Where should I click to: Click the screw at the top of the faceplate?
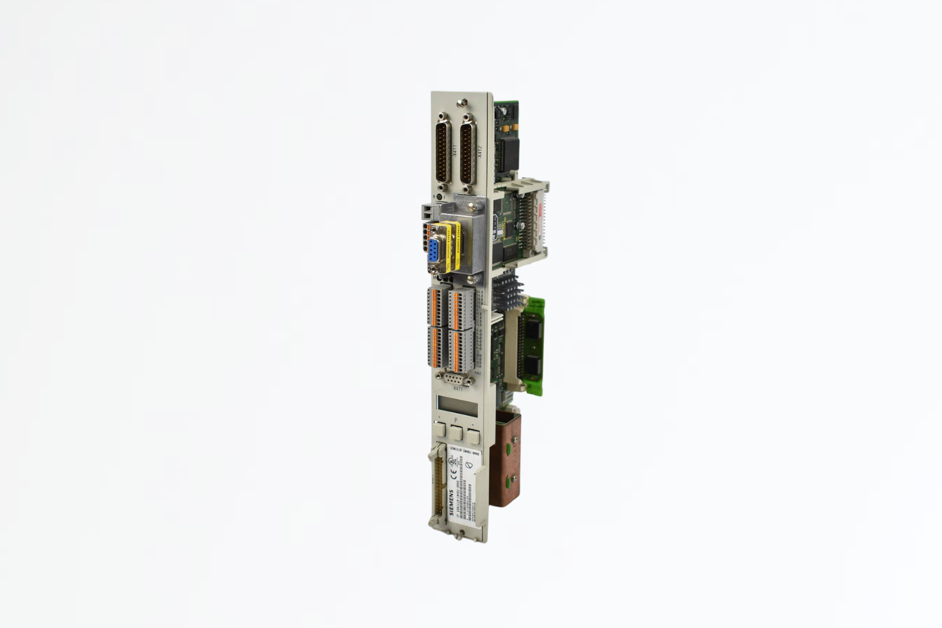[463, 101]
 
